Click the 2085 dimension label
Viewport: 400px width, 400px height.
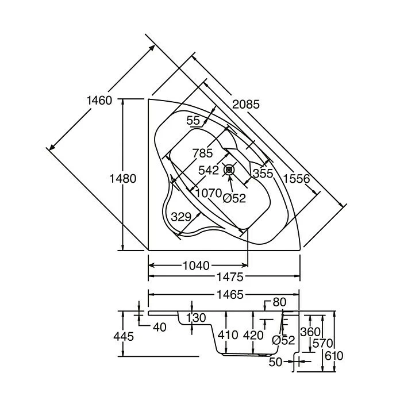point(245,105)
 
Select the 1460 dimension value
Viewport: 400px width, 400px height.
point(98,100)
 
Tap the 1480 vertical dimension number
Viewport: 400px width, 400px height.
point(122,179)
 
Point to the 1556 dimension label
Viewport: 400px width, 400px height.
point(296,179)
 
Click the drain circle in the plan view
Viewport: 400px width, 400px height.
point(230,170)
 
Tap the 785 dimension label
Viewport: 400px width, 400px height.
point(203,153)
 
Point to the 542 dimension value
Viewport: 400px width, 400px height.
point(208,171)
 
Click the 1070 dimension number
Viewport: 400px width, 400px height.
point(207,194)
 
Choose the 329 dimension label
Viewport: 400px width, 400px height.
point(181,217)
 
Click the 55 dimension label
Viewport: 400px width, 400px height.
point(193,120)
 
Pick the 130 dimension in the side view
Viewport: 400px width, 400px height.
point(196,318)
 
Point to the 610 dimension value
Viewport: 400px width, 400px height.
point(334,356)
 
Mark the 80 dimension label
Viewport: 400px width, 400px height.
point(279,302)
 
